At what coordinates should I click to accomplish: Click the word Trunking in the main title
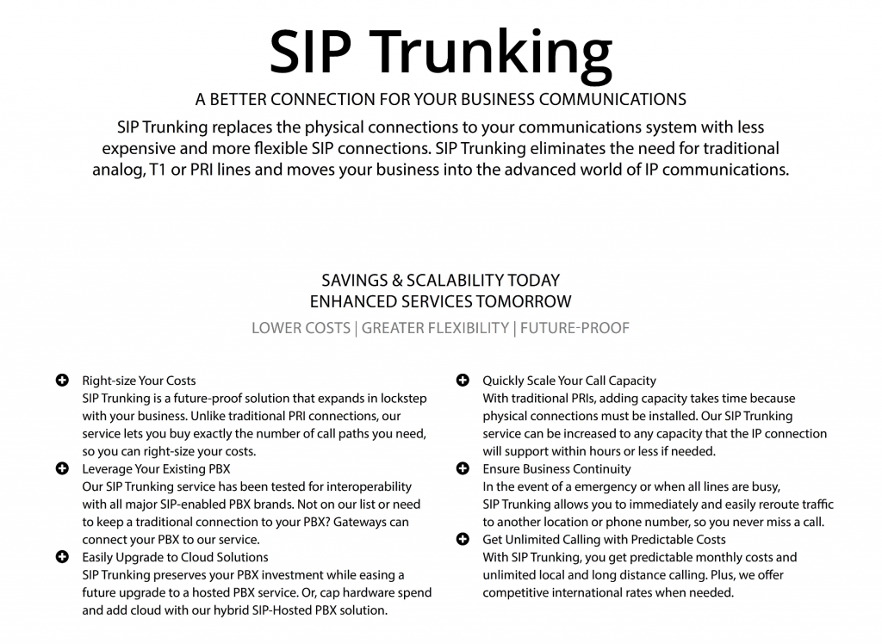pyautogui.click(x=495, y=53)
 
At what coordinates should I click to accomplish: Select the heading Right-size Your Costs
pyautogui.click(x=139, y=381)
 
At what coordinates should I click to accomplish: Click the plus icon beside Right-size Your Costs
pyautogui.click(x=62, y=380)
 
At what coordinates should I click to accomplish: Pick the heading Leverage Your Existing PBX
pyautogui.click(x=156, y=469)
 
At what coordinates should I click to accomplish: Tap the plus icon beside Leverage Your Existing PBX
pyautogui.click(x=62, y=468)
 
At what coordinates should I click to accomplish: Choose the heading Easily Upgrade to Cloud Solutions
pyautogui.click(x=175, y=557)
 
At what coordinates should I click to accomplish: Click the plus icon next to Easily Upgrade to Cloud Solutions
pyautogui.click(x=62, y=557)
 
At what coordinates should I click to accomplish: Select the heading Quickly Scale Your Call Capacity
pyautogui.click(x=569, y=381)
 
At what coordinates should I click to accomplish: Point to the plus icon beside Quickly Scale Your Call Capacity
pyautogui.click(x=463, y=380)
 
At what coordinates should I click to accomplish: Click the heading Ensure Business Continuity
pyautogui.click(x=556, y=469)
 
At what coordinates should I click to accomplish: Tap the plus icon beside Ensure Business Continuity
pyautogui.click(x=463, y=468)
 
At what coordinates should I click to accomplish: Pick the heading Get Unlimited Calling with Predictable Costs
pyautogui.click(x=604, y=540)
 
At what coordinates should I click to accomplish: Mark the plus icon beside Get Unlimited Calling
pyautogui.click(x=463, y=539)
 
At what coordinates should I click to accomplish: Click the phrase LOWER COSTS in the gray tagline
pyautogui.click(x=301, y=328)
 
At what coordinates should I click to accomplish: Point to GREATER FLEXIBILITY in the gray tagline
pyautogui.click(x=435, y=328)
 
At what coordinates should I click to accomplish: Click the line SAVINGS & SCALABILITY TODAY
pyautogui.click(x=440, y=281)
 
